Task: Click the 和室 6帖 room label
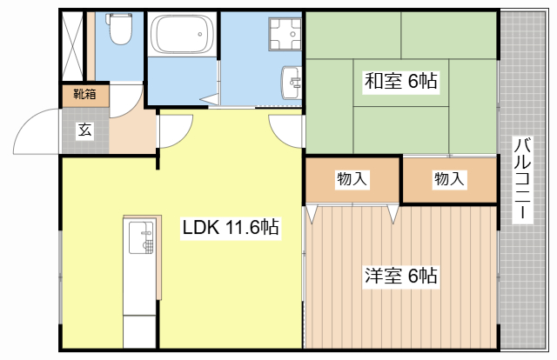400,82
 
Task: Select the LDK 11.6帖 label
230,228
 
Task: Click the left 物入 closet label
352,179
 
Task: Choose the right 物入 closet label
449,179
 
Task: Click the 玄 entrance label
84,130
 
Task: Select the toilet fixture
119,33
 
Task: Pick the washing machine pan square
284,36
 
